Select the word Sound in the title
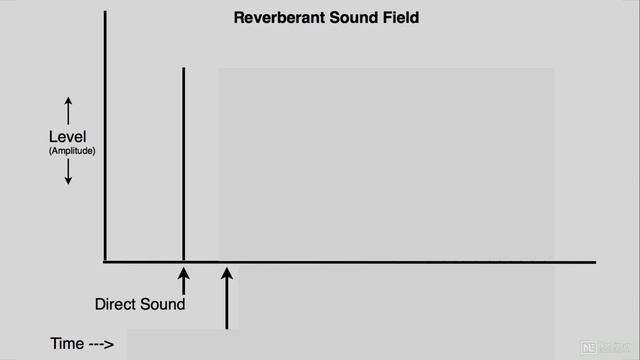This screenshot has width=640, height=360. click(343, 18)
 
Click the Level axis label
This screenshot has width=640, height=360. click(69, 136)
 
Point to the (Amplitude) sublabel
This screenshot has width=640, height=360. click(69, 150)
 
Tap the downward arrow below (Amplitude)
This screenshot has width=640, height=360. click(69, 173)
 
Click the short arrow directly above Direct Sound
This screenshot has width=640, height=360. click(183, 279)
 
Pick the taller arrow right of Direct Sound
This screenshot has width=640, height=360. click(227, 297)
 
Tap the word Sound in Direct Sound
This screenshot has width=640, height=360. click(163, 304)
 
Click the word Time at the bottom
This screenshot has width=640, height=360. click(66, 344)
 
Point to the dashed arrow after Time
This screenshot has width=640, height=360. click(101, 345)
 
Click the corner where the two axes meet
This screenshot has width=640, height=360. click(105, 262)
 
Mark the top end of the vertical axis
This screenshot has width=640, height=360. click(105, 14)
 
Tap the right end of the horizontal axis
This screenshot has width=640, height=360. click(594, 262)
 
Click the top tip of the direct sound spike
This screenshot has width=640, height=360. click(183, 68)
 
